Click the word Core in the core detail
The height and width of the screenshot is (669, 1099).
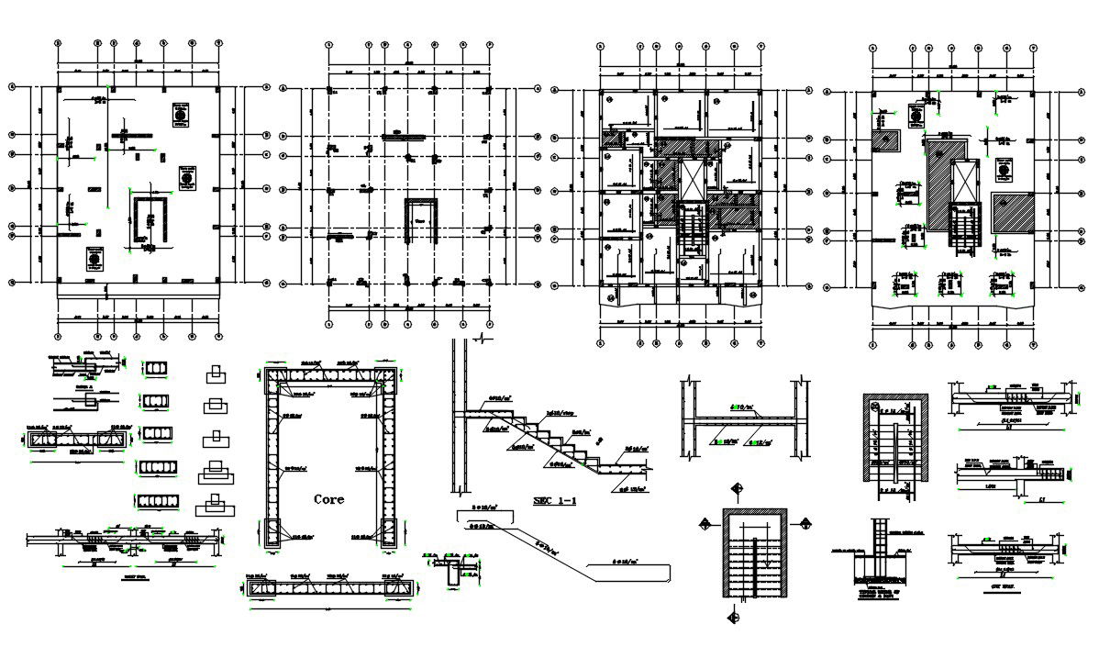click(328, 500)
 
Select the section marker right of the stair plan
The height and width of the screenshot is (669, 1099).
click(805, 523)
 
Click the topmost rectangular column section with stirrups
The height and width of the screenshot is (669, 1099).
click(153, 369)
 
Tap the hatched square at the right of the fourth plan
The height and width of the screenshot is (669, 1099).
click(1014, 213)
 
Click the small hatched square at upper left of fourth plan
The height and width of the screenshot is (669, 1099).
click(885, 140)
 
